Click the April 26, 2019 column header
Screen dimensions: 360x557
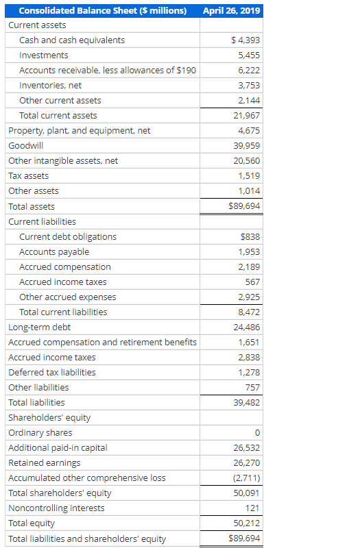[232, 10]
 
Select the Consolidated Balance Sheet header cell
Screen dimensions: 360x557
[103, 10]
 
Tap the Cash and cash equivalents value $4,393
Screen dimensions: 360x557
[246, 40]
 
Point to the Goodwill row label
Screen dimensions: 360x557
[26, 146]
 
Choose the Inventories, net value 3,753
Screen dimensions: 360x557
[249, 86]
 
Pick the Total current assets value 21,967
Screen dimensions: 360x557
[248, 116]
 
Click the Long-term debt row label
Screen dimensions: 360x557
[39, 327]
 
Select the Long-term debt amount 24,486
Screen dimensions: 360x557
[248, 327]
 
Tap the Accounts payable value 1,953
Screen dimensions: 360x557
[250, 252]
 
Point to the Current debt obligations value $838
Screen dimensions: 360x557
[250, 237]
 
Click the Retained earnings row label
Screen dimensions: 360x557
[45, 463]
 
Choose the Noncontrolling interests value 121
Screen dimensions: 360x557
[252, 508]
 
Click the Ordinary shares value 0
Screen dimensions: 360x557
[257, 433]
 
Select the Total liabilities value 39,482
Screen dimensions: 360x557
[248, 403]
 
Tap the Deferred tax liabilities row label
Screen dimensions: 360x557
[52, 373]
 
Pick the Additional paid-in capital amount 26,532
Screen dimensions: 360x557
[248, 448]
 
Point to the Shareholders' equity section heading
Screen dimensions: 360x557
[49, 418]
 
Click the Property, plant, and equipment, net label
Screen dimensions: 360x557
[80, 131]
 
